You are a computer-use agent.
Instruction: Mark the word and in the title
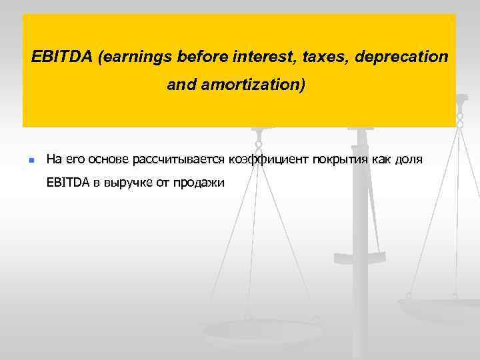(x=179, y=86)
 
